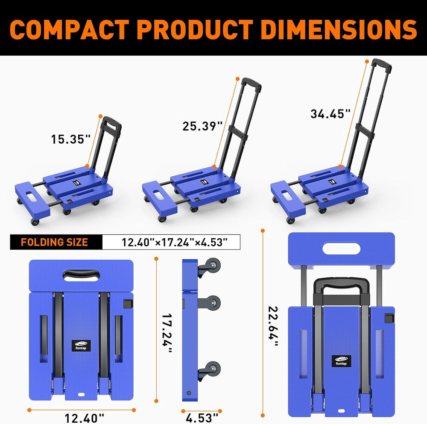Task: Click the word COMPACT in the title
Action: (70, 30)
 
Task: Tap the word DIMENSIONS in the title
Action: (339, 30)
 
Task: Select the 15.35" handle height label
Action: (70, 139)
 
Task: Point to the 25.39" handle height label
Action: (202, 126)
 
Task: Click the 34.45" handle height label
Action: (330, 114)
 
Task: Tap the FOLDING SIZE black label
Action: (55, 242)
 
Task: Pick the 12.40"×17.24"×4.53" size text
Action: (174, 242)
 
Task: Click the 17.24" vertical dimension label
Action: (167, 333)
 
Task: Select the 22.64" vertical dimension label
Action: (273, 326)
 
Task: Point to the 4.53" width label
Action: (202, 418)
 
